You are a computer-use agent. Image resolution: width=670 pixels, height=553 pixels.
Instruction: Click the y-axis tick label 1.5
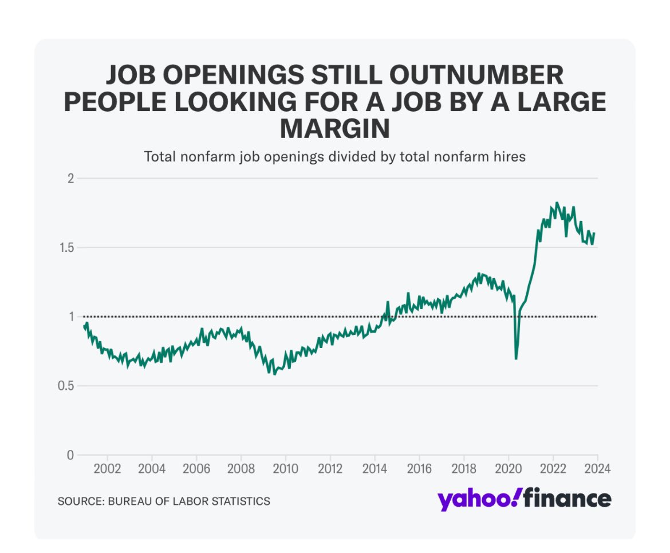(x=66, y=247)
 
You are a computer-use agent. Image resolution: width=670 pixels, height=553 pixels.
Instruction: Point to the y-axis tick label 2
(x=71, y=178)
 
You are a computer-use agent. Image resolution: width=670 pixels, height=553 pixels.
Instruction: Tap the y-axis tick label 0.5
(x=66, y=386)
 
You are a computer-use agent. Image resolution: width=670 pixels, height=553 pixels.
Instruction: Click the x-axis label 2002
(x=107, y=468)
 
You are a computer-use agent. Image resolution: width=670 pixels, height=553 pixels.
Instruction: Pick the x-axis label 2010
(x=286, y=468)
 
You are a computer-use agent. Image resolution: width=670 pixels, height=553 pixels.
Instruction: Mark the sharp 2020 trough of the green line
(x=516, y=359)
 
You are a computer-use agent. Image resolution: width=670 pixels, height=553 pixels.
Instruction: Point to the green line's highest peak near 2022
(x=557, y=203)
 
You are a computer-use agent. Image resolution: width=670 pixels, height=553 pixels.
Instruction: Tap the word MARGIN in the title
(x=334, y=129)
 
